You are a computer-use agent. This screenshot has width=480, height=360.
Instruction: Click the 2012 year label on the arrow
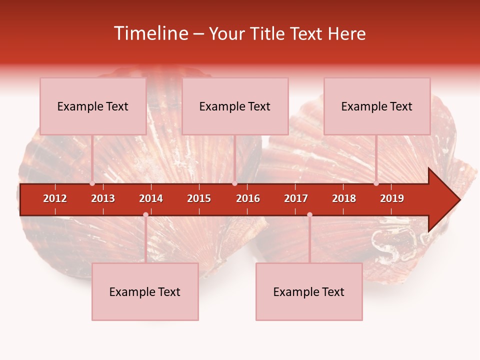[x=55, y=198]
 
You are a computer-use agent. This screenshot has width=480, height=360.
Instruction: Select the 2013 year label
[x=103, y=198]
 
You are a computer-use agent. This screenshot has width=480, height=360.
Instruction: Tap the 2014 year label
[x=151, y=198]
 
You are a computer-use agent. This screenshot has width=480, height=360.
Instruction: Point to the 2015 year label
[x=199, y=198]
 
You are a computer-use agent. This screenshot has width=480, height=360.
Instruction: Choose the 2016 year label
[x=248, y=198]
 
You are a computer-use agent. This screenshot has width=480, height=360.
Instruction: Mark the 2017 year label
[x=296, y=198]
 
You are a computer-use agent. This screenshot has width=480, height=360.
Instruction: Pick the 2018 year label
[x=344, y=198]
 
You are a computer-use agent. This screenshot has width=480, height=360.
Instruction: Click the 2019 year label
[x=392, y=198]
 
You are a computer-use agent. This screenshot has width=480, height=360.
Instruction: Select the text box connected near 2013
[x=93, y=106]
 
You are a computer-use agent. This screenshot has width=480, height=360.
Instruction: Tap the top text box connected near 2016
[x=235, y=106]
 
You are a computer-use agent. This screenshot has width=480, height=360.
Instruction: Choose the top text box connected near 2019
[x=377, y=106]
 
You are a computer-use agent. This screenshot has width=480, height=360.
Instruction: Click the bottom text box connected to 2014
[x=145, y=291]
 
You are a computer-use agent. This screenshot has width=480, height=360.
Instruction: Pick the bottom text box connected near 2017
[x=309, y=291]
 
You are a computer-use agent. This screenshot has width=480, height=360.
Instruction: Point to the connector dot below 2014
[x=145, y=214]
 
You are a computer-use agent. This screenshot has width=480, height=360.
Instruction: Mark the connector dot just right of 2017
[x=309, y=214]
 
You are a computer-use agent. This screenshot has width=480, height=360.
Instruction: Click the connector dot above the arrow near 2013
[x=92, y=183]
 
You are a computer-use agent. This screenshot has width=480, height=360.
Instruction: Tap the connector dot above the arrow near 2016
[x=234, y=183]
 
